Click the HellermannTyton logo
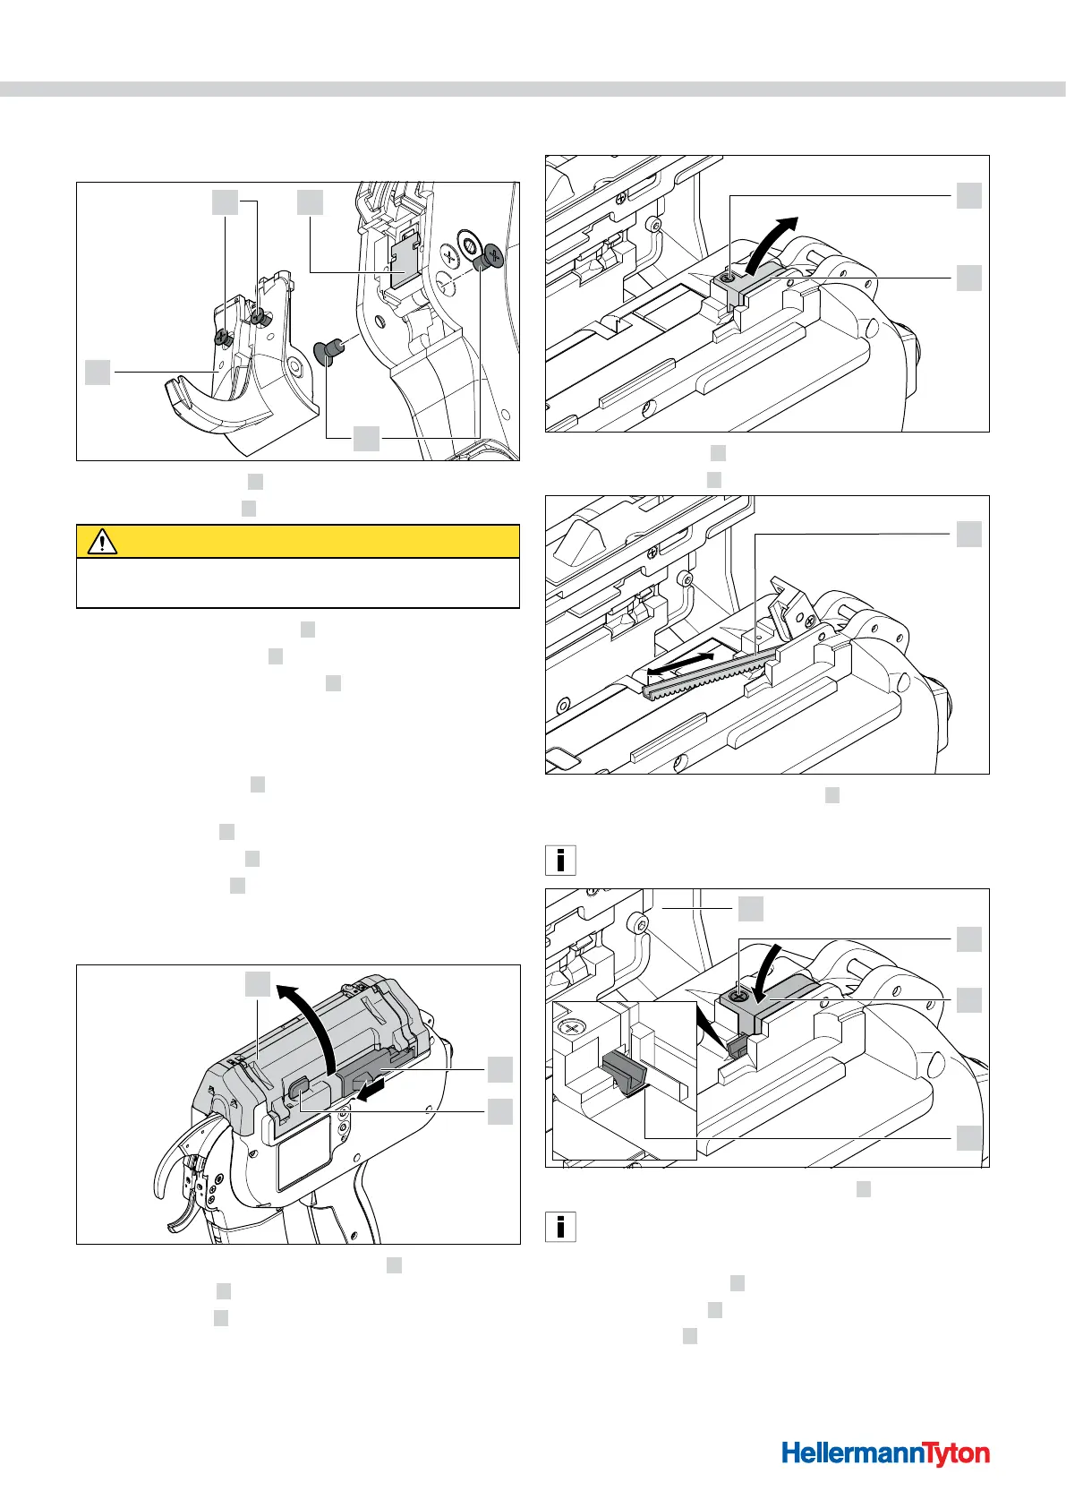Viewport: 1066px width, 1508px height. [885, 1452]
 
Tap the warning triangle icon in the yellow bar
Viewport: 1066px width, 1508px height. [103, 542]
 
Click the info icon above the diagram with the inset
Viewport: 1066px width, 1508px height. [560, 860]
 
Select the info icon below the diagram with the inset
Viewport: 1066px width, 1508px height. [560, 1226]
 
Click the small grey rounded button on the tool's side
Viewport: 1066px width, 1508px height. [299, 1087]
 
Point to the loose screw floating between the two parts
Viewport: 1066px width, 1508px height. [328, 352]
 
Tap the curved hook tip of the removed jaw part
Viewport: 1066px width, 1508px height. [178, 392]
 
